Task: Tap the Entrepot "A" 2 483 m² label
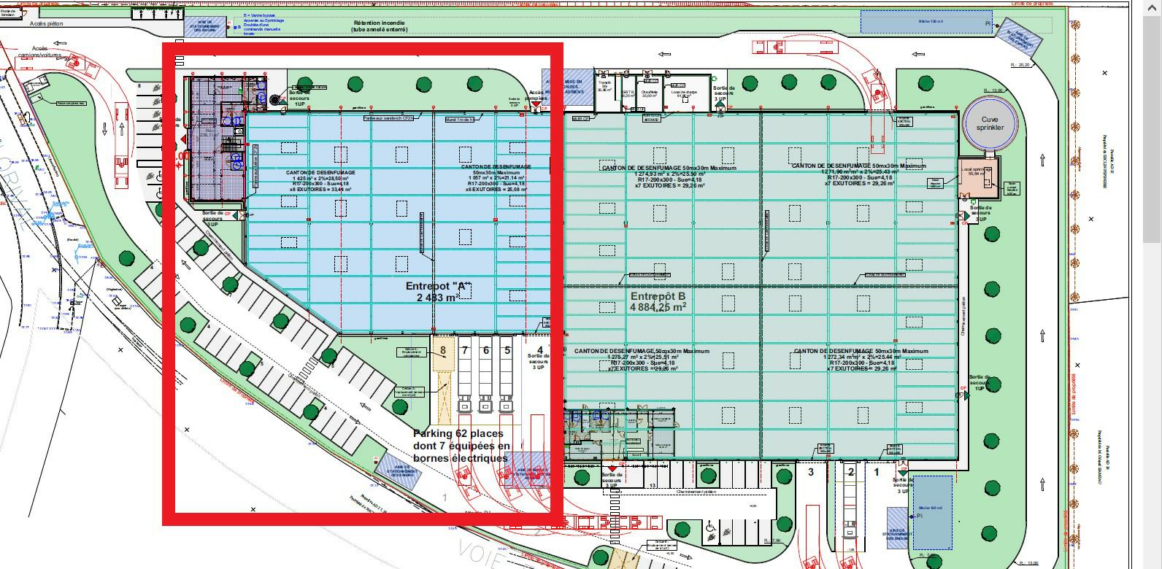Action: click(x=438, y=292)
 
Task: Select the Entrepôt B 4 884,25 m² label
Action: click(x=658, y=301)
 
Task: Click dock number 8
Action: click(x=443, y=351)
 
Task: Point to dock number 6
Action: click(x=485, y=351)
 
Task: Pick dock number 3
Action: click(x=810, y=472)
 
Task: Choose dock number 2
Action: click(x=850, y=472)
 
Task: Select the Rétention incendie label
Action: click(x=378, y=26)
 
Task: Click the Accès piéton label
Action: click(x=47, y=23)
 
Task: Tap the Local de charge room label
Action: click(x=685, y=90)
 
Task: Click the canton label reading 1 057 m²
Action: click(x=496, y=176)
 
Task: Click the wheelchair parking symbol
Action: click(x=709, y=526)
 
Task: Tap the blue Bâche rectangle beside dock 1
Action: click(x=932, y=512)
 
